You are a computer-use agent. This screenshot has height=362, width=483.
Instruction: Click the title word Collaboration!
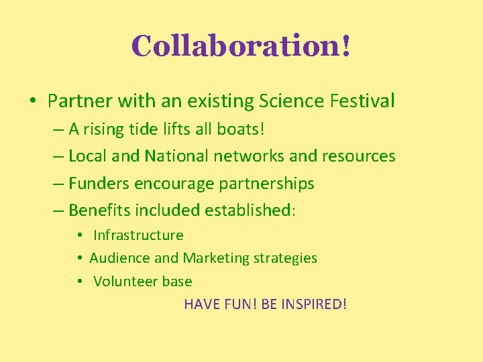pyautogui.click(x=241, y=46)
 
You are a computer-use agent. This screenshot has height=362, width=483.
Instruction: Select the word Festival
pyautogui.click(x=362, y=101)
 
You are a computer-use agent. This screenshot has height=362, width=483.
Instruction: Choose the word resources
pyautogui.click(x=359, y=156)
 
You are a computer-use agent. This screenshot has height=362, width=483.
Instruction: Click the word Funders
pyautogui.click(x=99, y=183)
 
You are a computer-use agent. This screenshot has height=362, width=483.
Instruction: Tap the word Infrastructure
pyautogui.click(x=138, y=235)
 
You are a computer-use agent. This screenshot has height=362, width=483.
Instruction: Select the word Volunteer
pyautogui.click(x=126, y=282)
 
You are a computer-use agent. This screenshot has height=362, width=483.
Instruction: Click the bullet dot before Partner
pyautogui.click(x=32, y=102)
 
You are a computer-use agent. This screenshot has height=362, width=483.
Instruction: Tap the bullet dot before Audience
pyautogui.click(x=79, y=258)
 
